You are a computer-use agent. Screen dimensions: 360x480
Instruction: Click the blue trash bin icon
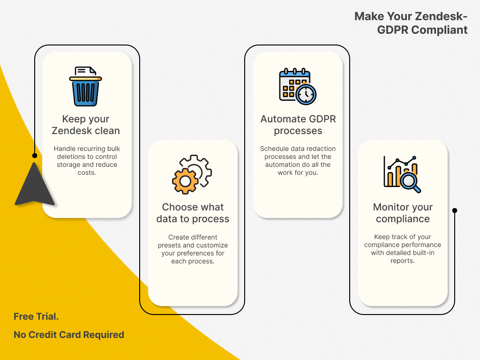(85, 89)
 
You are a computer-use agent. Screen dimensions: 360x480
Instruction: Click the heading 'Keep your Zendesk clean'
(86, 125)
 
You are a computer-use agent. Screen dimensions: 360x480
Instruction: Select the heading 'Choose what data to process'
(193, 213)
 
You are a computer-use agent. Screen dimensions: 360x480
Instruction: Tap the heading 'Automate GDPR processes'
(298, 125)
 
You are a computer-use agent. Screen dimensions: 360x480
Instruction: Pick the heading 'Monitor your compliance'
(403, 213)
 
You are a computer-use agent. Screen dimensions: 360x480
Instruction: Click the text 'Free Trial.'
(36, 316)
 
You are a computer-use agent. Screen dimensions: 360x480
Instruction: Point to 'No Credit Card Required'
(69, 335)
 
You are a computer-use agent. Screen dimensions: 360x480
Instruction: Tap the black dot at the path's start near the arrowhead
(34, 156)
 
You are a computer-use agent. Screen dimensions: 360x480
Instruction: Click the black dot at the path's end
(454, 210)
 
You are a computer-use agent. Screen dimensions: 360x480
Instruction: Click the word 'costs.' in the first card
(87, 173)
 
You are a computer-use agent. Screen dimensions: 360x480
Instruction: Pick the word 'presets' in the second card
(169, 245)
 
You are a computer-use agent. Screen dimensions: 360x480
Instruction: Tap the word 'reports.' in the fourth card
(403, 261)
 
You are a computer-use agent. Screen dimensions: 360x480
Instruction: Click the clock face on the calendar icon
(306, 94)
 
